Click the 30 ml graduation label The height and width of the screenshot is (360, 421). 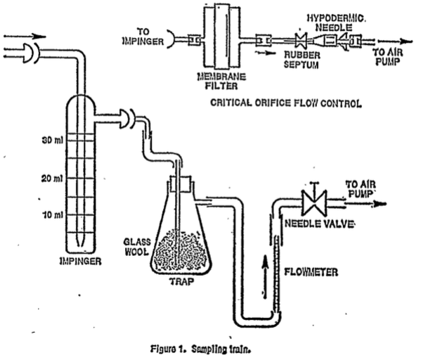[52, 140]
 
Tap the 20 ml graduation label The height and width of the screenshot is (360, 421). [52, 179]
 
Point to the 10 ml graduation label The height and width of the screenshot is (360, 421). [53, 215]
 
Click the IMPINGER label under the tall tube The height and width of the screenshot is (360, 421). [80, 261]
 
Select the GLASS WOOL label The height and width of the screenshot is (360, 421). [137, 247]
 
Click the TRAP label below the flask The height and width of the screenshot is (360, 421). [181, 281]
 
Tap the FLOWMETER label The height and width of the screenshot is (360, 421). [311, 272]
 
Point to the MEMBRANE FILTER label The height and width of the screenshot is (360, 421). [221, 82]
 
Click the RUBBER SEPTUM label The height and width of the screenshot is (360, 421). [302, 60]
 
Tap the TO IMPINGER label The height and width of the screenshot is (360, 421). [143, 37]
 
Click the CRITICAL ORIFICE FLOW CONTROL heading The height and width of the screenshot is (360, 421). [285, 103]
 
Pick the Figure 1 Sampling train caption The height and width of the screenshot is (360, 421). [200, 349]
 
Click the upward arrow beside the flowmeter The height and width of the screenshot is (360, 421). [265, 277]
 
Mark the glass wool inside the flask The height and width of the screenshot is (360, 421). [179, 250]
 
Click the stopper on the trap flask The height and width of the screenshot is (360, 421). [179, 184]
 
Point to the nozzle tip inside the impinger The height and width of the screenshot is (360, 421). [80, 242]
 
